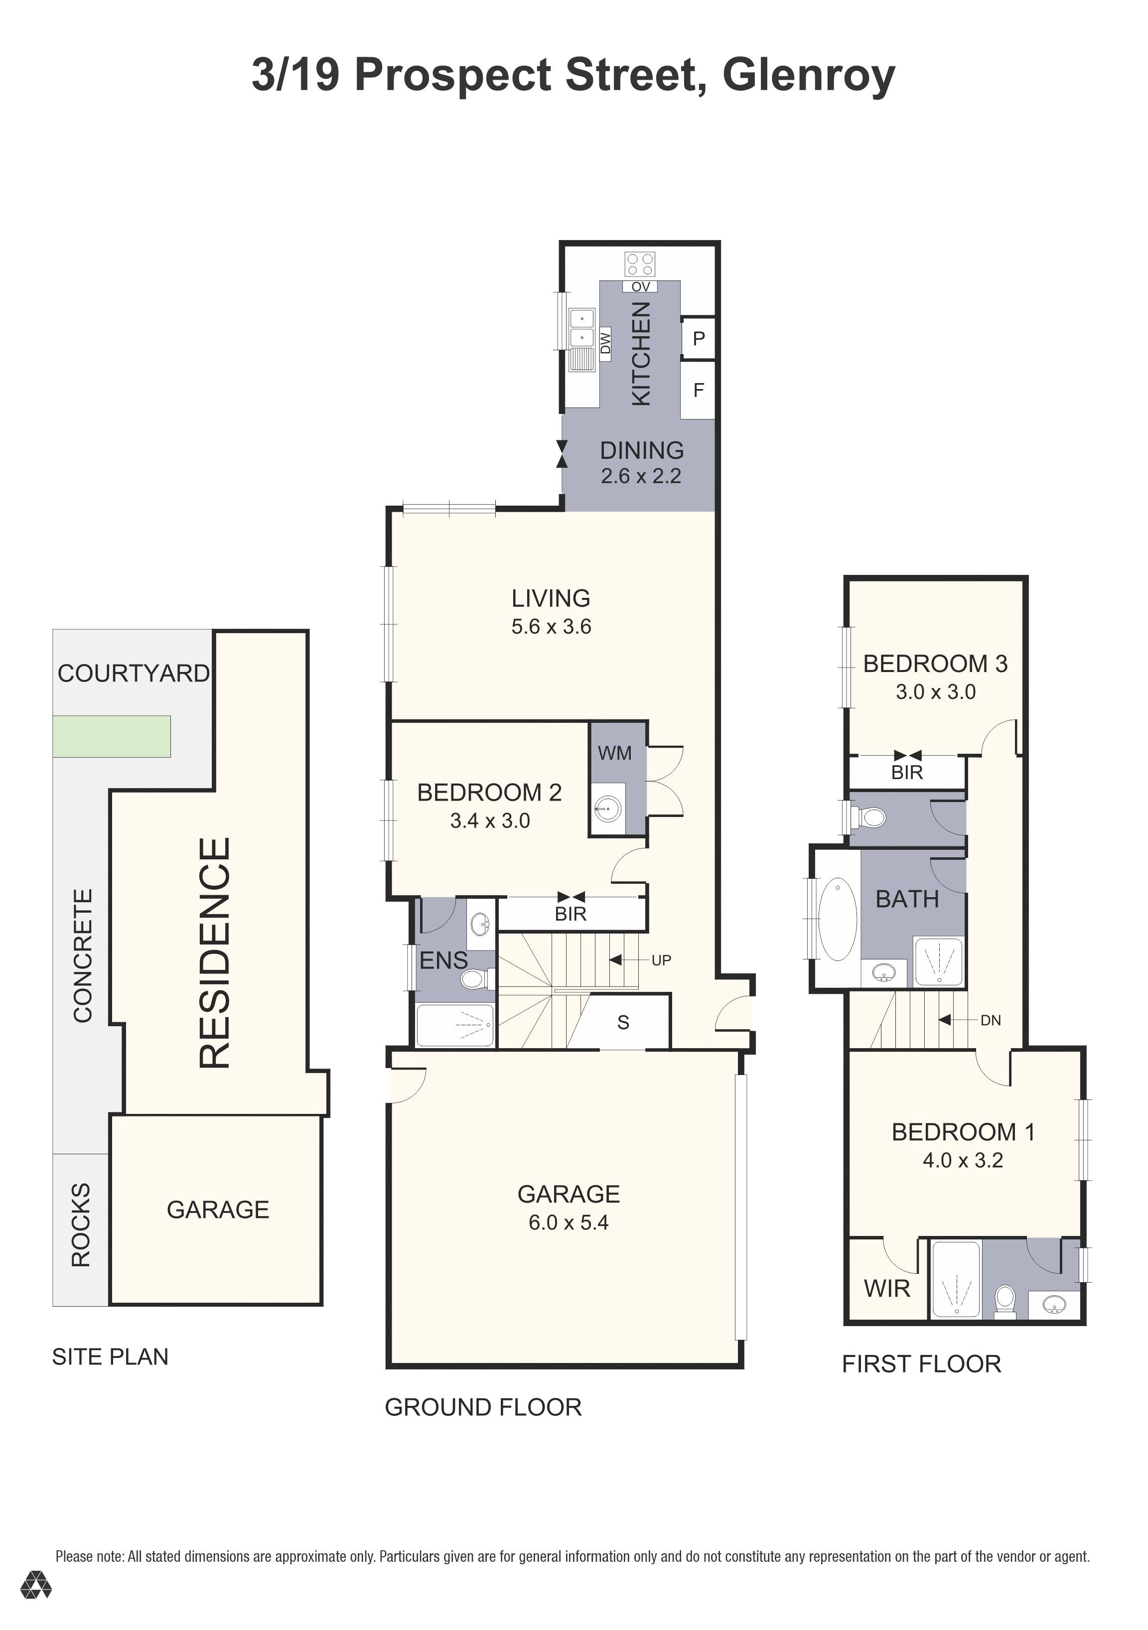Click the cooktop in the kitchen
click(640, 265)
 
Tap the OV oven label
click(640, 287)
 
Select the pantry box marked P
click(698, 338)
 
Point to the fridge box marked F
click(698, 390)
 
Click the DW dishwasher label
click(605, 344)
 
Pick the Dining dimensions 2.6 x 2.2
click(641, 476)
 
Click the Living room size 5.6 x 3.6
click(551, 626)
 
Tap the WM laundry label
click(615, 753)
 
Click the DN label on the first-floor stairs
click(991, 1020)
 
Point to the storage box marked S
click(623, 1022)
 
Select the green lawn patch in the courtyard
click(112, 736)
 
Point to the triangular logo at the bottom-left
click(35, 1605)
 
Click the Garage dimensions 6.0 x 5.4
click(569, 1222)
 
